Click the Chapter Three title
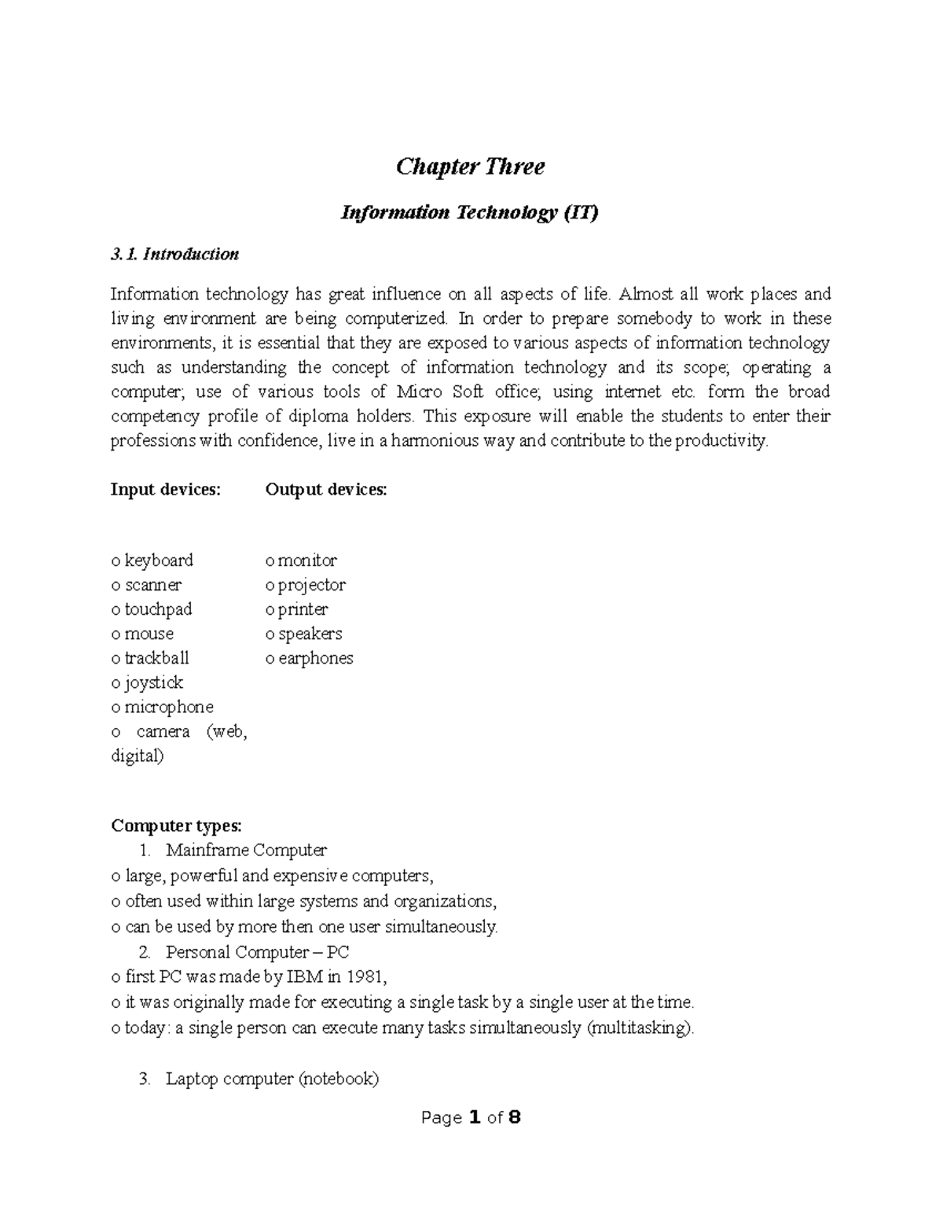pyautogui.click(x=470, y=167)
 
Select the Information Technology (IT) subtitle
pyautogui.click(x=469, y=213)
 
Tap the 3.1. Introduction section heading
pyautogui.click(x=174, y=254)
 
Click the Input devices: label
pyautogui.click(x=166, y=490)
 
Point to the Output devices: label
pyautogui.click(x=326, y=490)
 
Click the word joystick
pyautogui.click(x=153, y=682)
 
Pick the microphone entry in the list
pyautogui.click(x=168, y=707)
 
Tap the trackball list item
pyautogui.click(x=156, y=658)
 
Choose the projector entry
pyautogui.click(x=311, y=585)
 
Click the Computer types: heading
pyautogui.click(x=176, y=826)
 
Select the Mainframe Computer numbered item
pyautogui.click(x=246, y=850)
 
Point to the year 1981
pyautogui.click(x=365, y=977)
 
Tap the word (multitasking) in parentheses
pyautogui.click(x=640, y=1028)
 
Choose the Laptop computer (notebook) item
pyautogui.click(x=272, y=1079)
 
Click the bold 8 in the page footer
pyautogui.click(x=515, y=1118)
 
